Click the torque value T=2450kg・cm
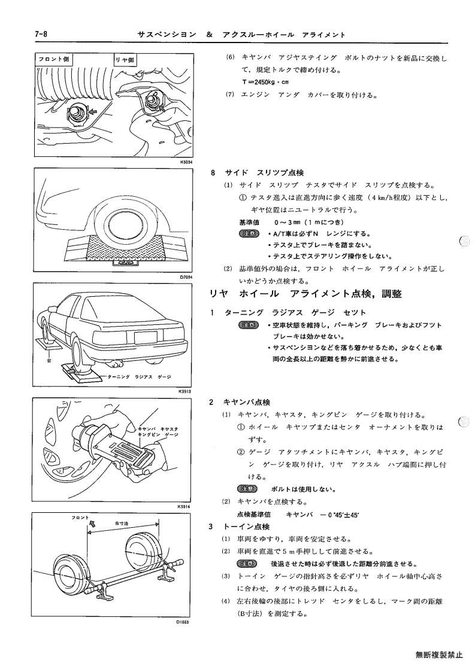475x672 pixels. [265, 82]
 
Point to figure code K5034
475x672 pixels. [187, 162]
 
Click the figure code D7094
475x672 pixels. [187, 277]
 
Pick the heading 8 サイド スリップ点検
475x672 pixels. [258, 173]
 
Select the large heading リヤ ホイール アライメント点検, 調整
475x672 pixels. [305, 294]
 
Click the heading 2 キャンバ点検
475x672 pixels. [240, 402]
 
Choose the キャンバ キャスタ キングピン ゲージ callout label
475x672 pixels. [158, 431]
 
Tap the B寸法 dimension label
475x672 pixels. [122, 523]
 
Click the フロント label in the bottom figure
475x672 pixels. [80, 518]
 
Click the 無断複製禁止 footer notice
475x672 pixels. [439, 655]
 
